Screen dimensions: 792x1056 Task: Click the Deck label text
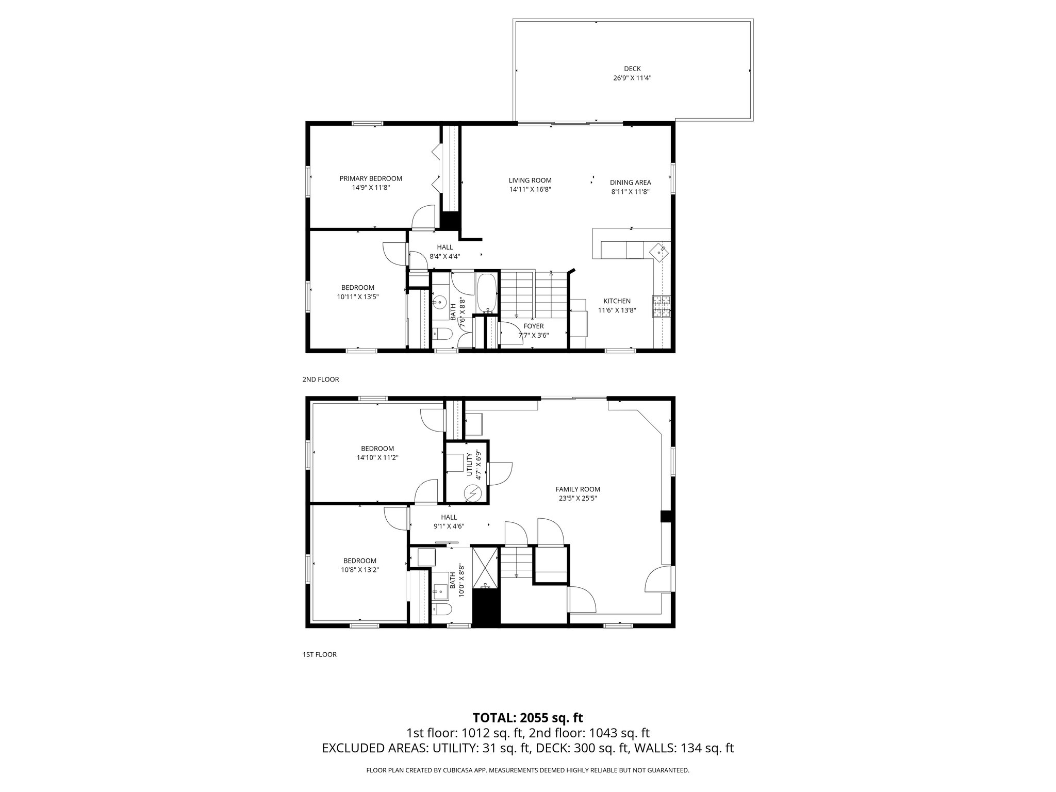[x=632, y=69]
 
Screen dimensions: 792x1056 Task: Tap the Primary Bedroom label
[x=371, y=178]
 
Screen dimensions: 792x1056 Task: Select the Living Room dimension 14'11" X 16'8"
[x=530, y=189]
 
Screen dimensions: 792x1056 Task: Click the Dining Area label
[x=630, y=182]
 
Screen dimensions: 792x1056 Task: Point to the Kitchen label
[x=617, y=301]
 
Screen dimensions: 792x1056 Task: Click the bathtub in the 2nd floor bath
[x=487, y=294]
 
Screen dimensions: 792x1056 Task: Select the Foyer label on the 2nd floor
[x=534, y=326]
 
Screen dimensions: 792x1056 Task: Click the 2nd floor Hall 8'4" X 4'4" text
[x=444, y=256]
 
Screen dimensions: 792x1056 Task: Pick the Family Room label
[x=577, y=489]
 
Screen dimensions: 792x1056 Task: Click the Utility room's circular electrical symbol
[x=472, y=493]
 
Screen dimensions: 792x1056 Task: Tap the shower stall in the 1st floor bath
[x=486, y=569]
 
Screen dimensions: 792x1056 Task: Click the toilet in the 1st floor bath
[x=441, y=609]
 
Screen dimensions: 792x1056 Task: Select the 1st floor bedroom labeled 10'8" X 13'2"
[x=360, y=565]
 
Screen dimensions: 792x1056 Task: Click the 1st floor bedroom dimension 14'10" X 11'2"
[x=377, y=457]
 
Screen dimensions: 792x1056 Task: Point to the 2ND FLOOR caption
[x=320, y=379]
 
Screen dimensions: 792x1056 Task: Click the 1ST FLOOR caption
[x=319, y=655]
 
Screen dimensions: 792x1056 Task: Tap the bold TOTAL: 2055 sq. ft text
[x=527, y=718]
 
